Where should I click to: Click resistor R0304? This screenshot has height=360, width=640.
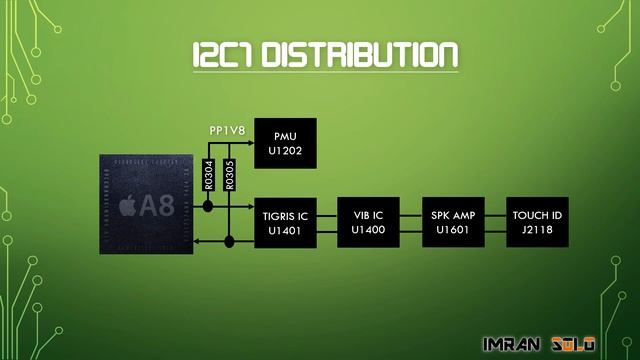209,174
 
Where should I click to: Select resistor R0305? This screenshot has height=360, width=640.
230,174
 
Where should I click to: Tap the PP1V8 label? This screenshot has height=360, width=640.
228,130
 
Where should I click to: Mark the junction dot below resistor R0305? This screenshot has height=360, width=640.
230,241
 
